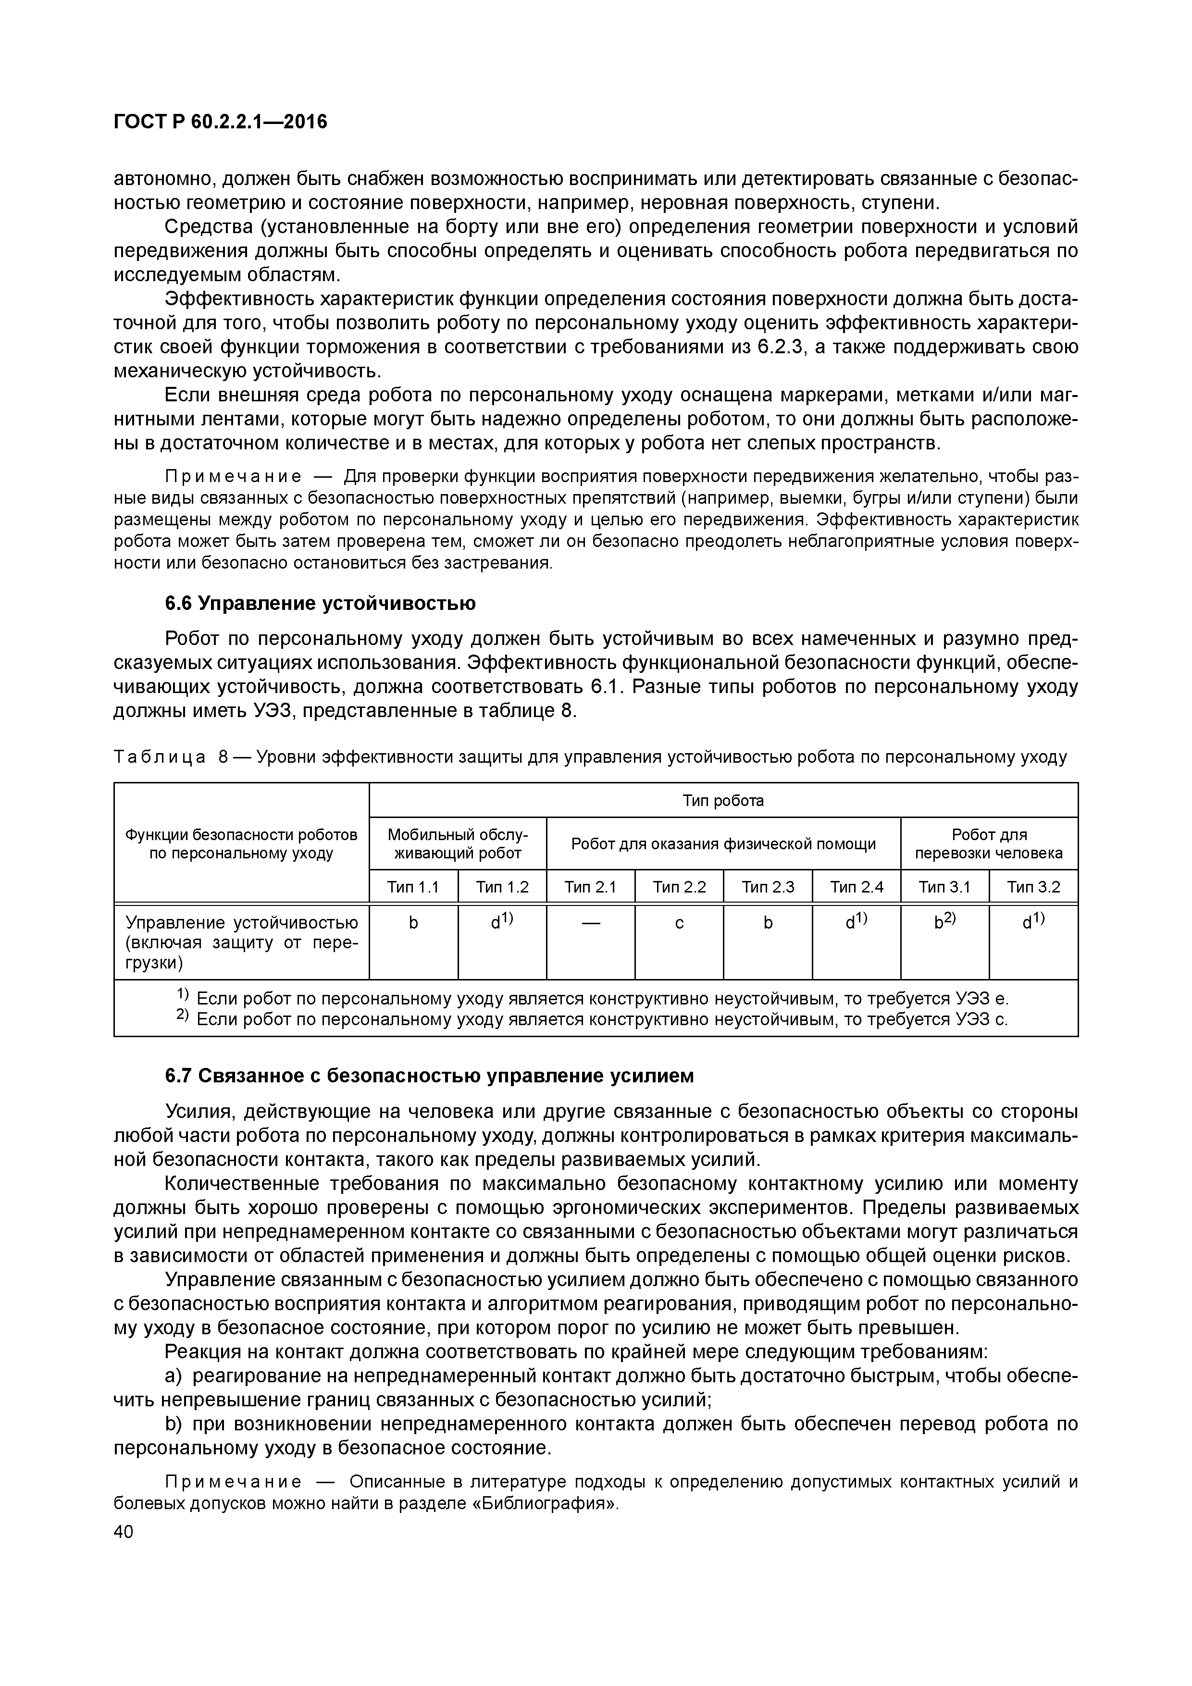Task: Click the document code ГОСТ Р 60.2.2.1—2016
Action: pyautogui.click(x=220, y=122)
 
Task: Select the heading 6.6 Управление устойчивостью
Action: pyautogui.click(x=320, y=604)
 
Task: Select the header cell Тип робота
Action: pyautogui.click(x=723, y=800)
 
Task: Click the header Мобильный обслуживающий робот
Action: pyautogui.click(x=458, y=844)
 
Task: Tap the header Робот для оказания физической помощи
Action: pyautogui.click(x=723, y=844)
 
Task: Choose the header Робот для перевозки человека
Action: pyautogui.click(x=989, y=844)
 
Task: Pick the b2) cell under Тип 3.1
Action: pyautogui.click(x=944, y=922)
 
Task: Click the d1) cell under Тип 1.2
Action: pyautogui.click(x=502, y=922)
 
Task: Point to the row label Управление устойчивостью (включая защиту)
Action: pyautogui.click(x=242, y=942)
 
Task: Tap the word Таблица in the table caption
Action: pyautogui.click(x=160, y=757)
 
